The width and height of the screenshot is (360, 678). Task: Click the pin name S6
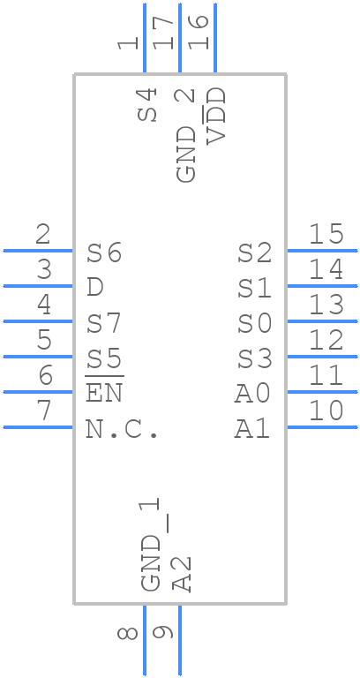104,253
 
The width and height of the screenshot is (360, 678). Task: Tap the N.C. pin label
122,429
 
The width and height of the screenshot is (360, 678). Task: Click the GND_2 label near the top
186,135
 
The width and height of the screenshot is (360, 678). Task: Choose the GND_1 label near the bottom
150,545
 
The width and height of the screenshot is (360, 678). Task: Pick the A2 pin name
182,574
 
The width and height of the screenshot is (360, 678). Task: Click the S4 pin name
147,105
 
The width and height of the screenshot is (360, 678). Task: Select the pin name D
94,288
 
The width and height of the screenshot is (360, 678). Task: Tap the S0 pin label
254,324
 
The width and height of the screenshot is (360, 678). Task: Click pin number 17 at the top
163,33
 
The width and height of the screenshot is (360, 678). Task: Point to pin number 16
199,33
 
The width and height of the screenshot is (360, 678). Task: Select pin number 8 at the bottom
128,634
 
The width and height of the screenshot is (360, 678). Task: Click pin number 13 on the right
326,305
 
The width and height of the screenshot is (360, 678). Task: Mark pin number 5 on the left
44,339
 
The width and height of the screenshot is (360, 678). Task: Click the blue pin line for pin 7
38,427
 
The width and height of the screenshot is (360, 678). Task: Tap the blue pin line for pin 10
322,427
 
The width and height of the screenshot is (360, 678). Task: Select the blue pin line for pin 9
180,640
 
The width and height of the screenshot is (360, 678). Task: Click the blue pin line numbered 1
145,38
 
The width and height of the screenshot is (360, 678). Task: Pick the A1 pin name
253,430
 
